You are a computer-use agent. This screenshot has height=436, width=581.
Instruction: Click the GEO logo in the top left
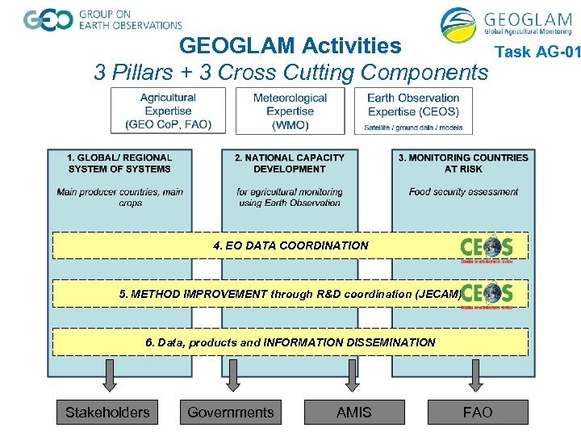tap(48, 20)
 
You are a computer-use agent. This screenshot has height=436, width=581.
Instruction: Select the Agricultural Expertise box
tap(168, 111)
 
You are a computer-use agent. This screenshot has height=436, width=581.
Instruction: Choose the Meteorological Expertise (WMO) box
tap(290, 111)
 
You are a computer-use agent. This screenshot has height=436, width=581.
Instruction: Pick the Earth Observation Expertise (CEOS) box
tap(413, 111)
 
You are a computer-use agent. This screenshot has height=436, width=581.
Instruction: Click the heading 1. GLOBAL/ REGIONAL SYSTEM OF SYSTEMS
tap(119, 163)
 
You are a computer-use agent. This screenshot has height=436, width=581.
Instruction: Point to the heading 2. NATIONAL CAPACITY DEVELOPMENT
tap(289, 163)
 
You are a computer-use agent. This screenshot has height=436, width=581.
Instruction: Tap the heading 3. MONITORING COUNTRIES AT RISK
tap(463, 163)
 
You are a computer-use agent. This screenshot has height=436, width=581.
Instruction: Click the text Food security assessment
tap(463, 192)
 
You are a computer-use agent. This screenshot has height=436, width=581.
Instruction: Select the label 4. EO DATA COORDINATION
tap(290, 245)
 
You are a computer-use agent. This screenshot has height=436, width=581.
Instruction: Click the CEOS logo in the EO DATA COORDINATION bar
tap(487, 247)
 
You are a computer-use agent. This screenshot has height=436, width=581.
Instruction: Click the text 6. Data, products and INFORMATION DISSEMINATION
tap(290, 342)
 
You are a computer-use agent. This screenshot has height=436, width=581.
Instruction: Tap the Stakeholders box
tap(107, 413)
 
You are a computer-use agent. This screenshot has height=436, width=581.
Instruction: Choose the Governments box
tap(231, 413)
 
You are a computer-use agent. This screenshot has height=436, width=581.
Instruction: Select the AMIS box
tap(354, 413)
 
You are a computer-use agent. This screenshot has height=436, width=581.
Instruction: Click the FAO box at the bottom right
tap(477, 413)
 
